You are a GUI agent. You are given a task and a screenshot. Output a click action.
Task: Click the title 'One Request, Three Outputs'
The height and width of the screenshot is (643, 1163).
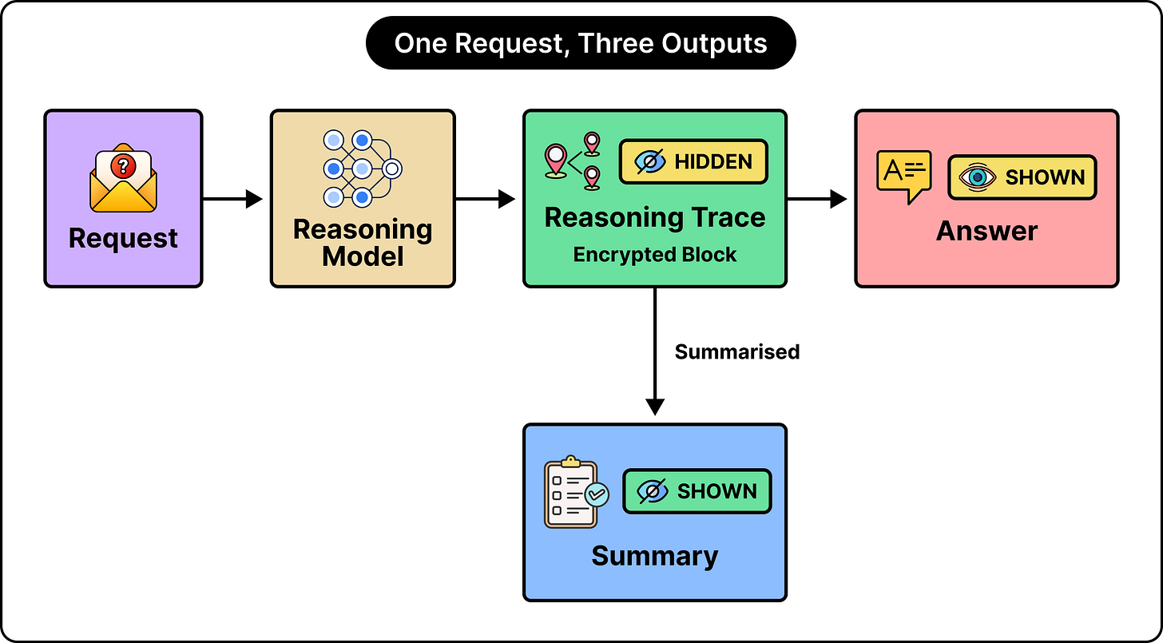pos(581,43)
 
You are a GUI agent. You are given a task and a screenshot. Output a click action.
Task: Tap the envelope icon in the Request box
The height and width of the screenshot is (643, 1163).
pos(123,177)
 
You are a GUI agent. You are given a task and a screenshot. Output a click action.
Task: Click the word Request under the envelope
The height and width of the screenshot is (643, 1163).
pos(123,238)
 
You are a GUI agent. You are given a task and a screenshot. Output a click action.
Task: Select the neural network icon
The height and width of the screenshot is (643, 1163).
pos(363,169)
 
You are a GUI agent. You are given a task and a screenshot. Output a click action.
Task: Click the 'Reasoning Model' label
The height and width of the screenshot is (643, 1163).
pos(363,243)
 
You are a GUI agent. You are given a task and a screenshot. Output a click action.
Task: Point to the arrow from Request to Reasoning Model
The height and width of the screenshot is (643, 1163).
pos(232,199)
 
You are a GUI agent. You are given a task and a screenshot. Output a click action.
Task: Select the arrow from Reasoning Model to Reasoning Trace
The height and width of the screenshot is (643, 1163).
pos(485,199)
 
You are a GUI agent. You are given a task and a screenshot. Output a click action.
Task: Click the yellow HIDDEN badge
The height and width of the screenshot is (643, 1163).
pos(693,161)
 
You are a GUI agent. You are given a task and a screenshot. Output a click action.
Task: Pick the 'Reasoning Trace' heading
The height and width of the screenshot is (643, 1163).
pos(655,217)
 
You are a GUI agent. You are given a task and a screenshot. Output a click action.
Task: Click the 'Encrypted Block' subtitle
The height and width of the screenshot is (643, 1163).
pos(655,255)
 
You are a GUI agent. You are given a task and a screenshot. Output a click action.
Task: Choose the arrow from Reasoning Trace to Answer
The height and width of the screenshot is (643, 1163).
pos(817,199)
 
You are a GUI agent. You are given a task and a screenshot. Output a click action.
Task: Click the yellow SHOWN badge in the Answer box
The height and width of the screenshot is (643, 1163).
pos(1022,177)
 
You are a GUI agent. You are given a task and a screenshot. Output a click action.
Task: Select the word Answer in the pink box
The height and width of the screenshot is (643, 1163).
pos(986,231)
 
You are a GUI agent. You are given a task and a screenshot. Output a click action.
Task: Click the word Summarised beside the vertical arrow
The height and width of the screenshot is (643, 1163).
pos(736,352)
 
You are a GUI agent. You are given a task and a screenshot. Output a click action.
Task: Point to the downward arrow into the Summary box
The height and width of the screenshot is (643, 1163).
pos(655,351)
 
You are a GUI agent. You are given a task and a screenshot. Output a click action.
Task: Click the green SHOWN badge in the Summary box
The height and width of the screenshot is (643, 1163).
pos(697,491)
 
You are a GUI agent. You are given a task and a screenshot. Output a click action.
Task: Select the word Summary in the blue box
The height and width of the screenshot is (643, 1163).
pos(655,556)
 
